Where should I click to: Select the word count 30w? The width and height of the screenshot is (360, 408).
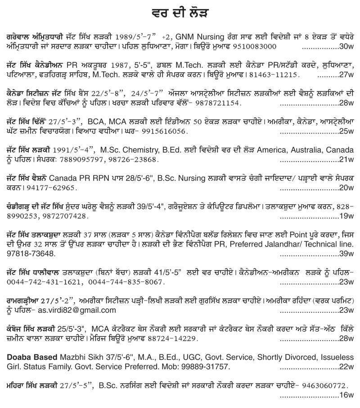click(347, 47)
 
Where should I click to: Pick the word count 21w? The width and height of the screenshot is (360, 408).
click(347, 160)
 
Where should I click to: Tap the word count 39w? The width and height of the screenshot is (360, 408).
click(347, 254)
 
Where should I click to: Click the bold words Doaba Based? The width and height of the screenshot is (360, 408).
click(32, 357)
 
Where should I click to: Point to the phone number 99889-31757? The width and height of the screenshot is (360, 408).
click(205, 367)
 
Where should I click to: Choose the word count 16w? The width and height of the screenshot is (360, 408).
click(347, 395)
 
